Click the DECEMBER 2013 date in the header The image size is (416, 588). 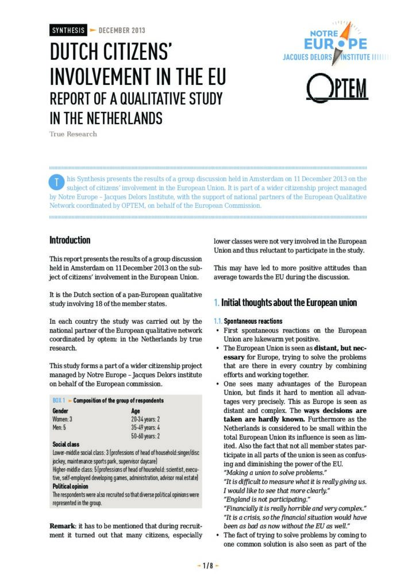click(122, 30)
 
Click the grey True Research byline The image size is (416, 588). click(73, 134)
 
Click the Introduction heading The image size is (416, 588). click(70, 240)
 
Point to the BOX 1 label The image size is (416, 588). click(58, 400)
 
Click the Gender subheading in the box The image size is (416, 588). click(60, 411)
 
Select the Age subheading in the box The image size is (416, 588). click(136, 411)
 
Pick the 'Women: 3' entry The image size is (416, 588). click(62, 419)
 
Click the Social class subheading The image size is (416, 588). click(66, 444)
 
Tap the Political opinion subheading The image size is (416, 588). click(72, 486)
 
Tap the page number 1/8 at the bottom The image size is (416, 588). click(208, 566)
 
